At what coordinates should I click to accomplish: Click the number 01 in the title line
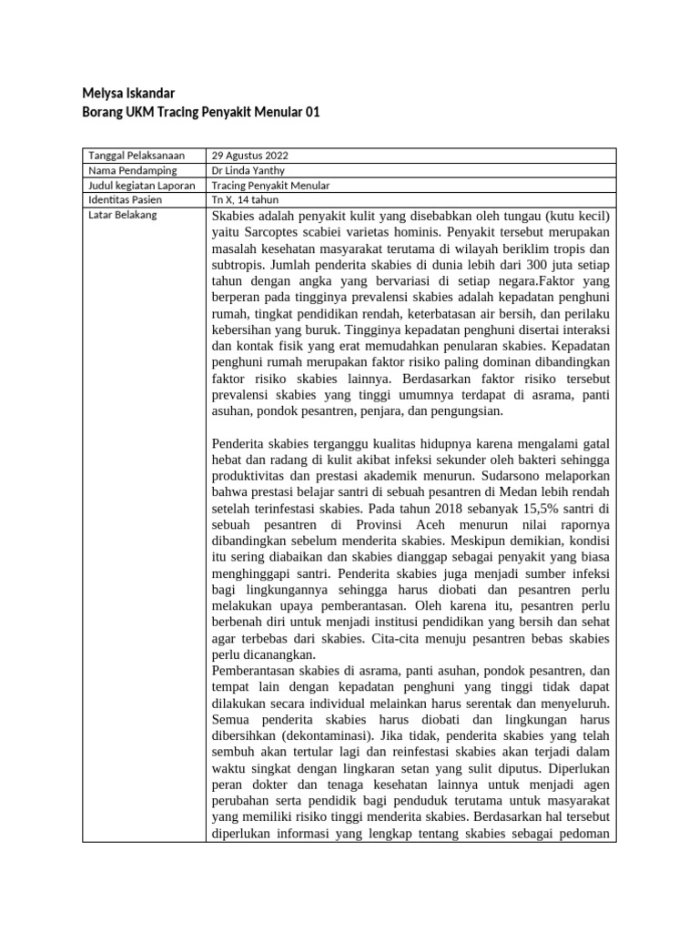coord(311,113)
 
